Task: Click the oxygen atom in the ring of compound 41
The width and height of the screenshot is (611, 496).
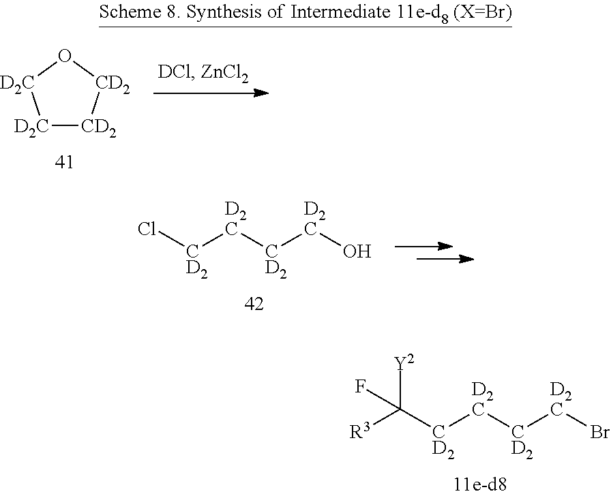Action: coord(65,57)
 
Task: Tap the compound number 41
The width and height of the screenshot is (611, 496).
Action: coord(65,164)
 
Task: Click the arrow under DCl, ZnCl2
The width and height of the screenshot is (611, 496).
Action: coord(211,92)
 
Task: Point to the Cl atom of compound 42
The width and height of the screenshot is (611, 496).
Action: coord(147,229)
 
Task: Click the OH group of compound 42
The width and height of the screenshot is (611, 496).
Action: coord(357,252)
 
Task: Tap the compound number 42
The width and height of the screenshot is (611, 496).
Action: coord(254,304)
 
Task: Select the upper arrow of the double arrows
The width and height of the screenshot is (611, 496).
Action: coord(424,246)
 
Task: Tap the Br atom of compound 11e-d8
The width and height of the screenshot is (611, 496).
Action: coord(598,433)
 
